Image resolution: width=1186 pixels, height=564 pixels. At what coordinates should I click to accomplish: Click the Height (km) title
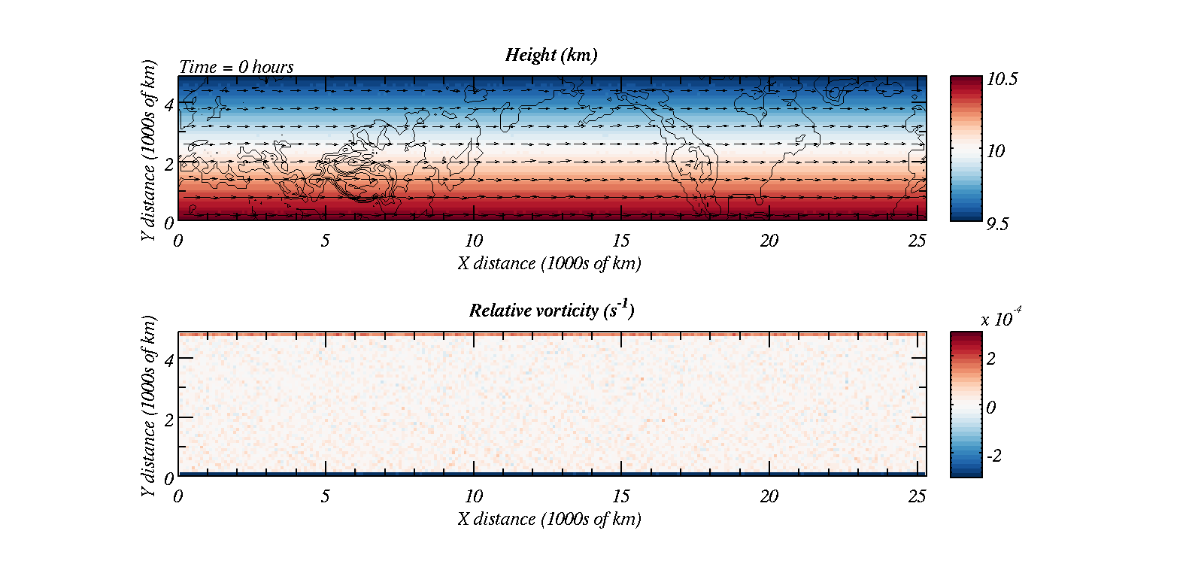(551, 55)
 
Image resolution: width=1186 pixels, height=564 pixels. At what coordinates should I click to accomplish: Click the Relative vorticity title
(551, 310)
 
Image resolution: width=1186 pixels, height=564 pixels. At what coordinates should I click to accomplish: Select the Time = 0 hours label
(236, 67)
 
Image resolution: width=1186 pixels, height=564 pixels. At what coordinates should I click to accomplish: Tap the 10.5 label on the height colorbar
(1002, 80)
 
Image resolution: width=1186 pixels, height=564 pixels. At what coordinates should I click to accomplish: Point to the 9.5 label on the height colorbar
(997, 224)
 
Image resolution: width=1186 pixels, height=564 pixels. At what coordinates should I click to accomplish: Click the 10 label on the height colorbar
(996, 151)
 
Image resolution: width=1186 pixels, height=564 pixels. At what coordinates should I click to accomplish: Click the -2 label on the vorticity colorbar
(993, 456)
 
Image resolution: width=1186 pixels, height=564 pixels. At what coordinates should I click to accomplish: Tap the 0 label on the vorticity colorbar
(990, 408)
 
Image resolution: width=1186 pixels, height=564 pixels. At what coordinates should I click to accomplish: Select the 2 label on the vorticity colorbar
(990, 359)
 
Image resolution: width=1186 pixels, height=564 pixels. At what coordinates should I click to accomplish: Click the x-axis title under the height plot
(550, 264)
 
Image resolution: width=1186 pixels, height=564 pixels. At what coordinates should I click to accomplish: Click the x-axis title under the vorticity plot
(550, 520)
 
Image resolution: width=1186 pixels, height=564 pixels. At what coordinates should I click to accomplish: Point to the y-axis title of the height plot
(149, 150)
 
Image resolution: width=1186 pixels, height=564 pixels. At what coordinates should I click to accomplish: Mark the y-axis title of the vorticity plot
(149, 406)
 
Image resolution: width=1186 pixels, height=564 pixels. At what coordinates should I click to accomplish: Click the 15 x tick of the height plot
(621, 241)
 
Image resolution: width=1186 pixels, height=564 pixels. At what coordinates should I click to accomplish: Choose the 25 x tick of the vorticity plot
(917, 496)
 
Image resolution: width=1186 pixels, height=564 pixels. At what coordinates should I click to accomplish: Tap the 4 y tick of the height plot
(168, 105)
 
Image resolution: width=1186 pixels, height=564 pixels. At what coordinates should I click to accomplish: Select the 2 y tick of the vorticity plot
(168, 420)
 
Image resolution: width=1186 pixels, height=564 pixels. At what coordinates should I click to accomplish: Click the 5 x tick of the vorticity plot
(325, 496)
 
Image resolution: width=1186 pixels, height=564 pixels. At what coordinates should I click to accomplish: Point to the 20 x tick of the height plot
(769, 241)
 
